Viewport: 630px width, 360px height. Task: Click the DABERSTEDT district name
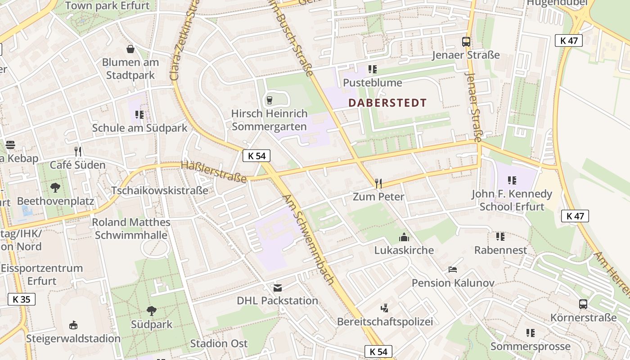(x=387, y=103)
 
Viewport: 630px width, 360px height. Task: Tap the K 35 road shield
(x=21, y=299)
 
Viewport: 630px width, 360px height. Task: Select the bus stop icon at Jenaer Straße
(x=466, y=42)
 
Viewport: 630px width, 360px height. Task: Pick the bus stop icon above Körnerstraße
(x=583, y=304)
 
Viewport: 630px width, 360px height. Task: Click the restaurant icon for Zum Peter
(x=378, y=183)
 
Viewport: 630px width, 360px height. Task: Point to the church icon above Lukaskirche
(x=404, y=237)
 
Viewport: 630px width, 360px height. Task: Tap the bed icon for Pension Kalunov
(x=453, y=270)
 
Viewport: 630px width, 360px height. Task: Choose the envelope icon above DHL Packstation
(x=278, y=288)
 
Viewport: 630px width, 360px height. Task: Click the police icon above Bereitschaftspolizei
(x=384, y=308)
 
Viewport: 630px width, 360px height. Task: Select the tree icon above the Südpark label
(x=152, y=310)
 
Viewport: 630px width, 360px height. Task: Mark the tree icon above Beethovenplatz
(x=56, y=187)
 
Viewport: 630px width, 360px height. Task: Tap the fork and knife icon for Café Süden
(x=78, y=152)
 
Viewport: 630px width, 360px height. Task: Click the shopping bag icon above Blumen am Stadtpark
(x=130, y=49)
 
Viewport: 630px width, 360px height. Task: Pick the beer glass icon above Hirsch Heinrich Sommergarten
(x=270, y=100)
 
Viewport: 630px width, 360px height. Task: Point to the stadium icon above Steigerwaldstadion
(x=73, y=325)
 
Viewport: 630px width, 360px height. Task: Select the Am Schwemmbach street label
(x=309, y=239)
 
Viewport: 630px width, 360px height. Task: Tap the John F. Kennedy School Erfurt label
(x=512, y=200)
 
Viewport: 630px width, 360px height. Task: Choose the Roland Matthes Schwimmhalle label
(x=131, y=229)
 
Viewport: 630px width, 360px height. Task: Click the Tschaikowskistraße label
(x=160, y=190)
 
